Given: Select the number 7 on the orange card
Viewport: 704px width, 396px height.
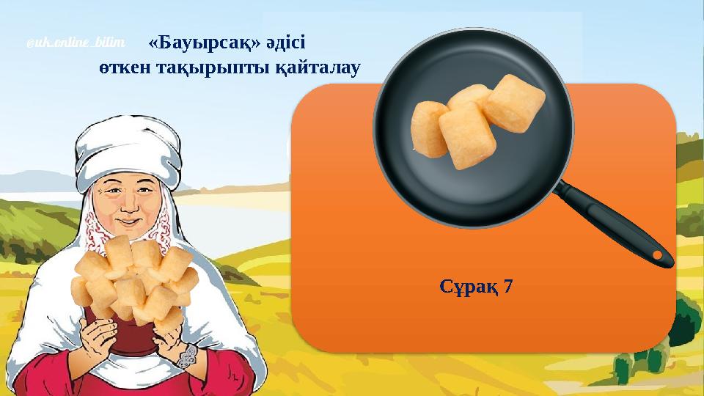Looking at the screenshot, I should coord(507,286).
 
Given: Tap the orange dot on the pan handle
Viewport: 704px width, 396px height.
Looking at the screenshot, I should coord(658,254).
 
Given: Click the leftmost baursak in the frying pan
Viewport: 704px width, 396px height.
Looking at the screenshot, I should coord(430,128).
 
